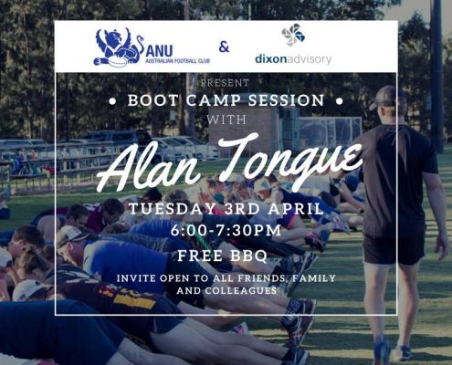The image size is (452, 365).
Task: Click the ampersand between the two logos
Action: click(x=224, y=47)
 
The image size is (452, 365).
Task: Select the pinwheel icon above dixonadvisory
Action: click(x=293, y=35)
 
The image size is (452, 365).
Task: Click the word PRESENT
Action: click(x=225, y=83)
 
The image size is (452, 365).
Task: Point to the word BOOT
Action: click(x=152, y=100)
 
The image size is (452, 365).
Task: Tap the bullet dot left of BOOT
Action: click(x=112, y=101)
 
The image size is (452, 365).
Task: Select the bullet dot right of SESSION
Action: click(x=340, y=101)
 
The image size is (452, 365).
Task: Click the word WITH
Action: click(x=226, y=120)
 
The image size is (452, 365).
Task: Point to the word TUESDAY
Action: click(x=173, y=209)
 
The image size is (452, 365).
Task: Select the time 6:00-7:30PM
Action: click(x=226, y=231)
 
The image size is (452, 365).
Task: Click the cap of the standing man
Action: click(x=384, y=97)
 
